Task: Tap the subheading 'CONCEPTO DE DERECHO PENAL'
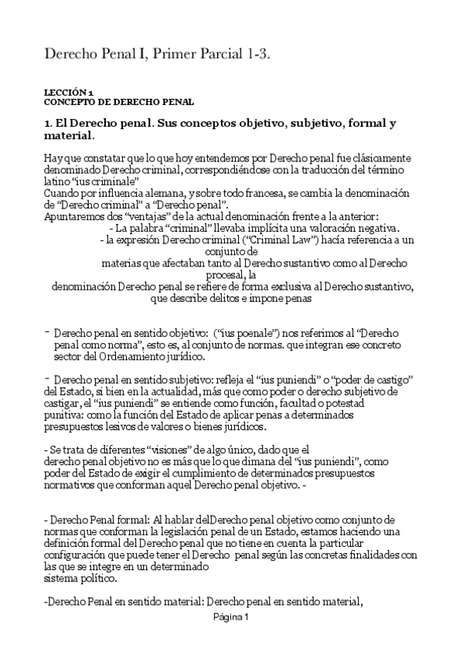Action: click(x=118, y=101)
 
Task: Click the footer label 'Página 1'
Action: click(x=230, y=617)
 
